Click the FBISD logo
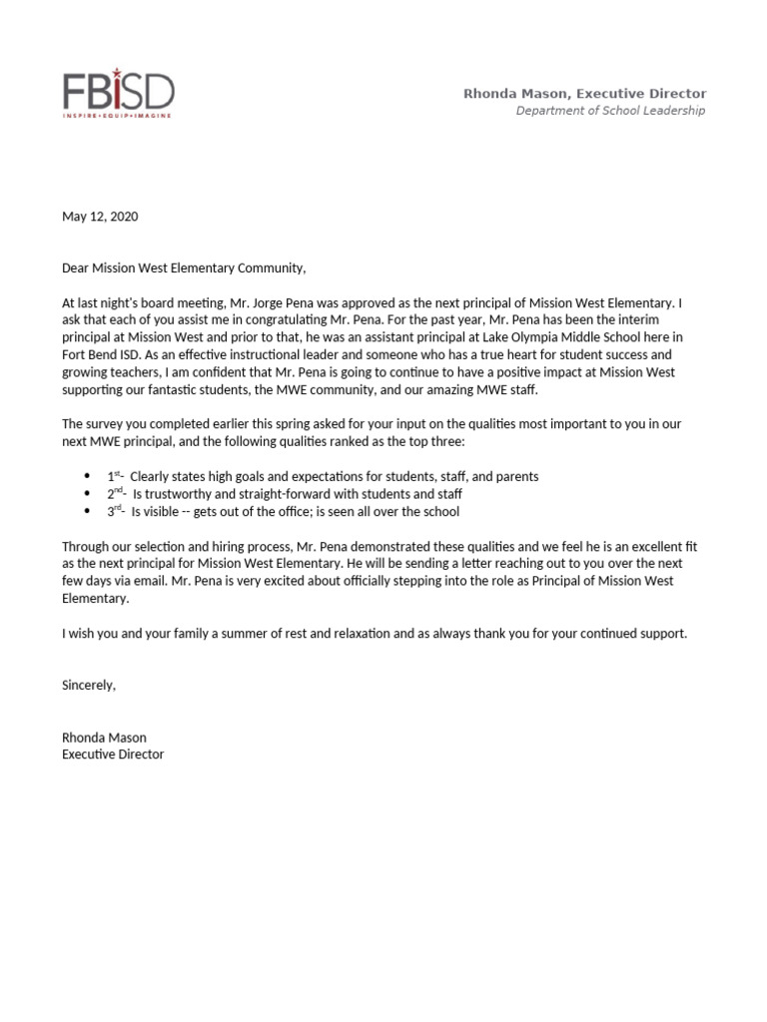tap(118, 92)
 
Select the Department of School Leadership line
tap(609, 111)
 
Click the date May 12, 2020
tap(100, 217)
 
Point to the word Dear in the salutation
tap(76, 268)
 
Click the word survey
tap(110, 424)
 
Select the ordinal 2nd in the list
tap(115, 494)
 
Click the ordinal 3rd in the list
tap(115, 512)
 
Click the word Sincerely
tap(89, 686)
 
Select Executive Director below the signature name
tap(113, 755)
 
